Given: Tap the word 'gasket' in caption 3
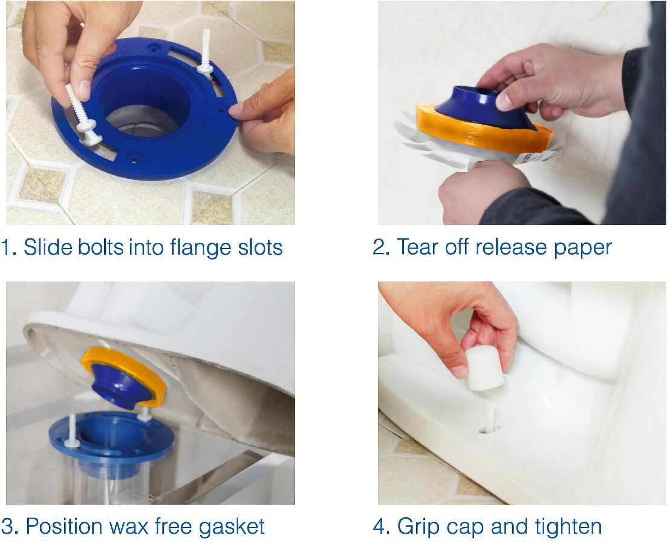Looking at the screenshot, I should click(232, 527).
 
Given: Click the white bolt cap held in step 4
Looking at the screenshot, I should click(484, 370).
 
